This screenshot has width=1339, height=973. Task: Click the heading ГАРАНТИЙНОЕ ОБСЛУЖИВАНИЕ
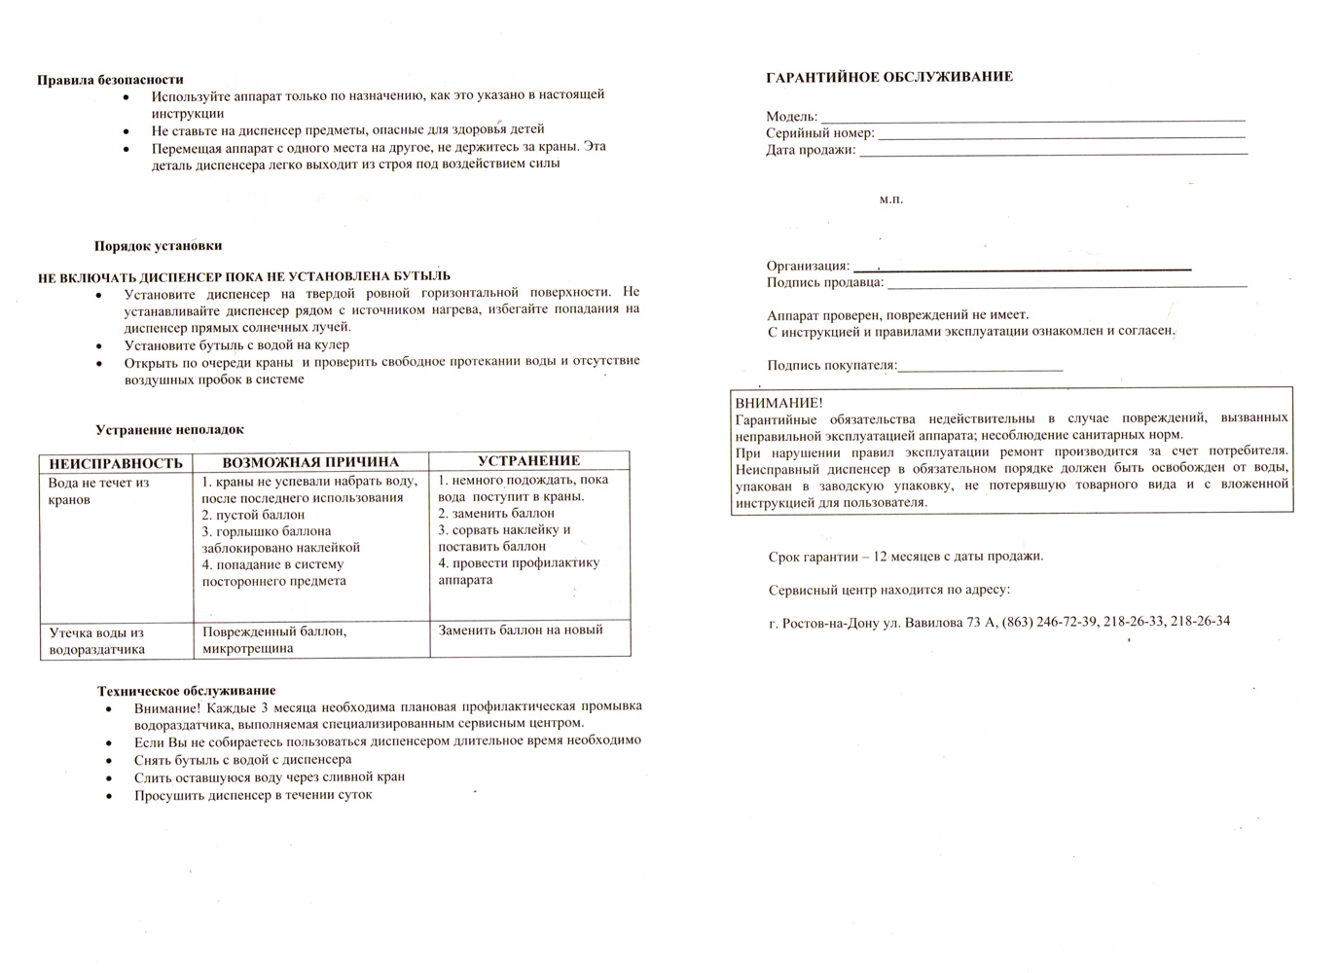point(889,77)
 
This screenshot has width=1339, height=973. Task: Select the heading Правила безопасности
point(110,80)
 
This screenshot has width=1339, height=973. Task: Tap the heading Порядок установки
point(158,246)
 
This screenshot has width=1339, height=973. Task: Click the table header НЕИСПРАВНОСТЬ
point(116,463)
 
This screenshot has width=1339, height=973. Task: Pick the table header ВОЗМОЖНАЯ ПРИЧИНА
point(310,462)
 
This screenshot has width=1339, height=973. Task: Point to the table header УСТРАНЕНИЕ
point(528,461)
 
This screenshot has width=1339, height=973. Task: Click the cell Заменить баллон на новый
point(521,631)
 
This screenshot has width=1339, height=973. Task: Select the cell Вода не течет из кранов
point(98,491)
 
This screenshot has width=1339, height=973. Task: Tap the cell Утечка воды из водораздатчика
point(97,641)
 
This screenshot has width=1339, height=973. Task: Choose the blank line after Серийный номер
point(1061,135)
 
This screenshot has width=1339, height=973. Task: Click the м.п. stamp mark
point(891,199)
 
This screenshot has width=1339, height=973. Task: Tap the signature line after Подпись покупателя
point(981,369)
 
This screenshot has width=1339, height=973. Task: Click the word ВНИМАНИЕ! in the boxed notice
point(778,403)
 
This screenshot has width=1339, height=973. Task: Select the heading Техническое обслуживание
point(186,691)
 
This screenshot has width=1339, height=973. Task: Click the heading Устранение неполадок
point(169,430)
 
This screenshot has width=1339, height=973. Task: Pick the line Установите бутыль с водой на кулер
point(236,344)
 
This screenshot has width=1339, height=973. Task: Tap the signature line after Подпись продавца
point(1067,285)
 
